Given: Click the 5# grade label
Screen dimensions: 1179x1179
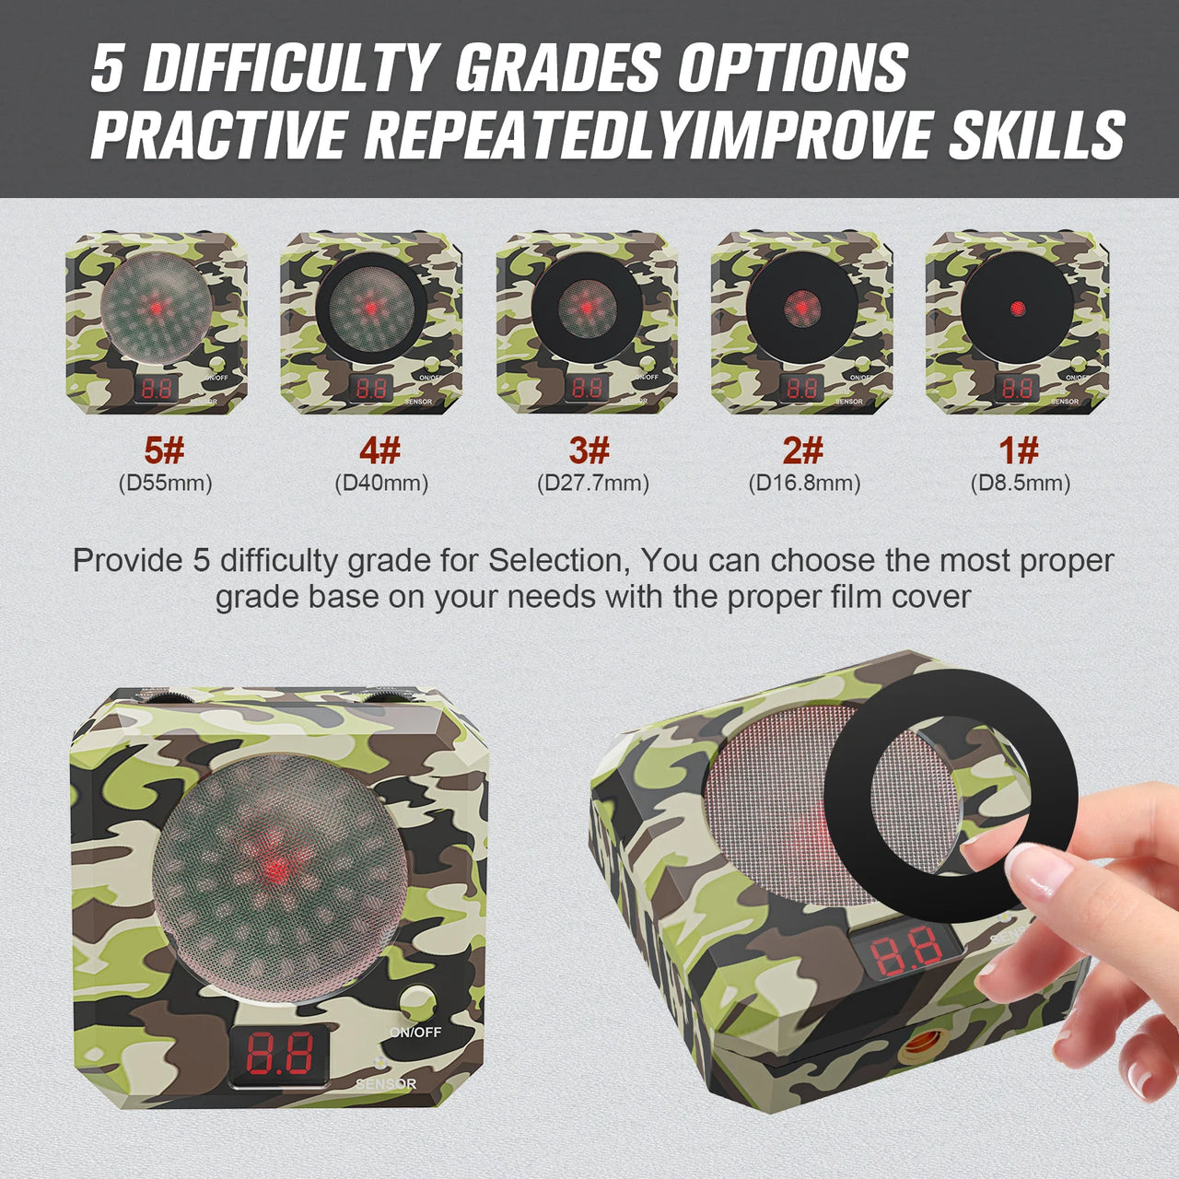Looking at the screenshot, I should tap(165, 451).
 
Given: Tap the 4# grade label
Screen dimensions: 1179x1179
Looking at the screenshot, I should tap(380, 451).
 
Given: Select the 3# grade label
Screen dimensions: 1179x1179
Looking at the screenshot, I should tap(589, 451).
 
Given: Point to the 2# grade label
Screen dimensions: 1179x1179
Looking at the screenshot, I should tap(803, 451).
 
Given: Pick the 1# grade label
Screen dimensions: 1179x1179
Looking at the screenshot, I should tap(1019, 451).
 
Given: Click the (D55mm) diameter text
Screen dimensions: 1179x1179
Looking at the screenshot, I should tap(165, 483).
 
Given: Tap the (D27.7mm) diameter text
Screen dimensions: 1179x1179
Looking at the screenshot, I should tap(593, 483).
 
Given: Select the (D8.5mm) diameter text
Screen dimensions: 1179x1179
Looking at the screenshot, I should tap(1021, 483).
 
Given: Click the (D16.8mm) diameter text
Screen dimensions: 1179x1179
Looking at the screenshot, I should tap(804, 483).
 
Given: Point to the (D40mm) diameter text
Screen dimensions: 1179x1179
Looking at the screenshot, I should tap(381, 483).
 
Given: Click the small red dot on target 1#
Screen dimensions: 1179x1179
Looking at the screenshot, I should tap(1017, 309).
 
